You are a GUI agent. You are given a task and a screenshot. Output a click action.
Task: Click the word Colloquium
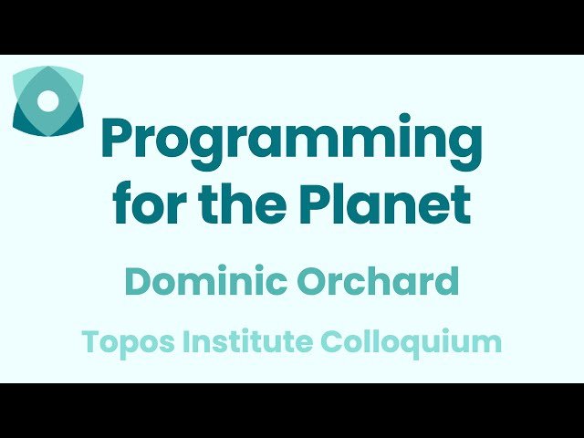(x=412, y=343)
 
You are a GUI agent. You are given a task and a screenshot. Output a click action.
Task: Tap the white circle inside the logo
(x=50, y=100)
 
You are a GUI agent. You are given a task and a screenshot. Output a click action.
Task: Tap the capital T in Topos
(x=90, y=342)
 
